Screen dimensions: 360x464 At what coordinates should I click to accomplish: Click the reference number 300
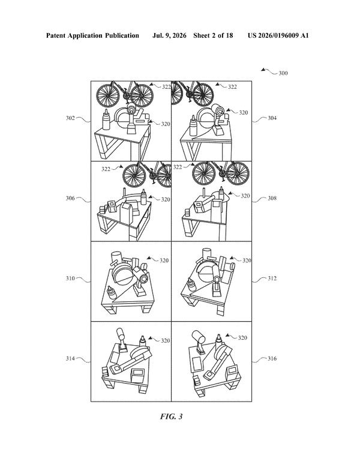coord(283,73)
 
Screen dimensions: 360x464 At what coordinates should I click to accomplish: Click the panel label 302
coord(70,118)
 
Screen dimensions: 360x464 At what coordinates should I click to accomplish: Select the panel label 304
coord(272,118)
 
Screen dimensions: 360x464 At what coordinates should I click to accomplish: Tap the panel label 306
coord(70,198)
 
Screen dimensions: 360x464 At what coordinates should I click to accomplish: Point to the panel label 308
coord(272,198)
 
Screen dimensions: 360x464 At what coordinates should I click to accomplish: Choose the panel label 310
coord(70,279)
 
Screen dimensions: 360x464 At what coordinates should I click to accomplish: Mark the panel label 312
coord(272,279)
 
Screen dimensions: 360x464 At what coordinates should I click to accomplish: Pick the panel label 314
coord(70,358)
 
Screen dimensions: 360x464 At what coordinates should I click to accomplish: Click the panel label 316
coord(272,358)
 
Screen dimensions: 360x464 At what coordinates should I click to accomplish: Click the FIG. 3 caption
coord(171,417)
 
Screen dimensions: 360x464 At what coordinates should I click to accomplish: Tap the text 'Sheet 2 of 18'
coord(213,36)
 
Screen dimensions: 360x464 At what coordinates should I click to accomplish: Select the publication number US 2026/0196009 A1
coord(278,36)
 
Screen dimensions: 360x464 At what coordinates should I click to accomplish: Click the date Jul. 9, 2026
coord(169,36)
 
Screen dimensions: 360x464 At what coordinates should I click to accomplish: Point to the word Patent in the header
coord(56,36)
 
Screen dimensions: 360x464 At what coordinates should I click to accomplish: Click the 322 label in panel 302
coord(166,86)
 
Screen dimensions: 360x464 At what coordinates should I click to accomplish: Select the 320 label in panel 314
coord(166,341)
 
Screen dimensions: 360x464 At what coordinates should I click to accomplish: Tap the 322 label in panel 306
coord(106,169)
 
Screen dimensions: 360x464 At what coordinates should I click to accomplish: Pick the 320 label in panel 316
coord(242,338)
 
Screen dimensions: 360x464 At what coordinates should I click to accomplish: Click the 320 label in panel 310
coord(164,261)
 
